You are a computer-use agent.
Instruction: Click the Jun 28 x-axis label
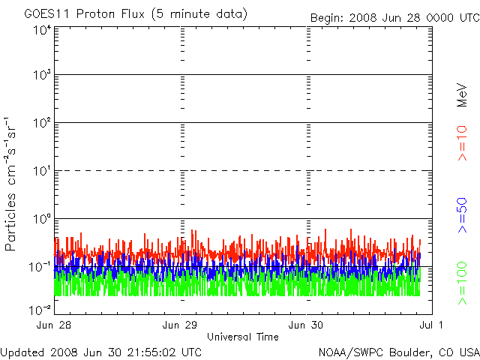(x=55, y=325)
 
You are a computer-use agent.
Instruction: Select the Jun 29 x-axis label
(x=180, y=325)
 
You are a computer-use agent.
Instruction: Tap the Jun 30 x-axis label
(x=306, y=325)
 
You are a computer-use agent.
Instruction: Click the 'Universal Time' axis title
(x=242, y=337)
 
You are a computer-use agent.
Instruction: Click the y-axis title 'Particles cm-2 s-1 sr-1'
(x=12, y=184)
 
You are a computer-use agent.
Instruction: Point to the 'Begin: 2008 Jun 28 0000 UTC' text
(x=394, y=17)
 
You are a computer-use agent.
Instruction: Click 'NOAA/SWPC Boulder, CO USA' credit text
(x=398, y=352)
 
